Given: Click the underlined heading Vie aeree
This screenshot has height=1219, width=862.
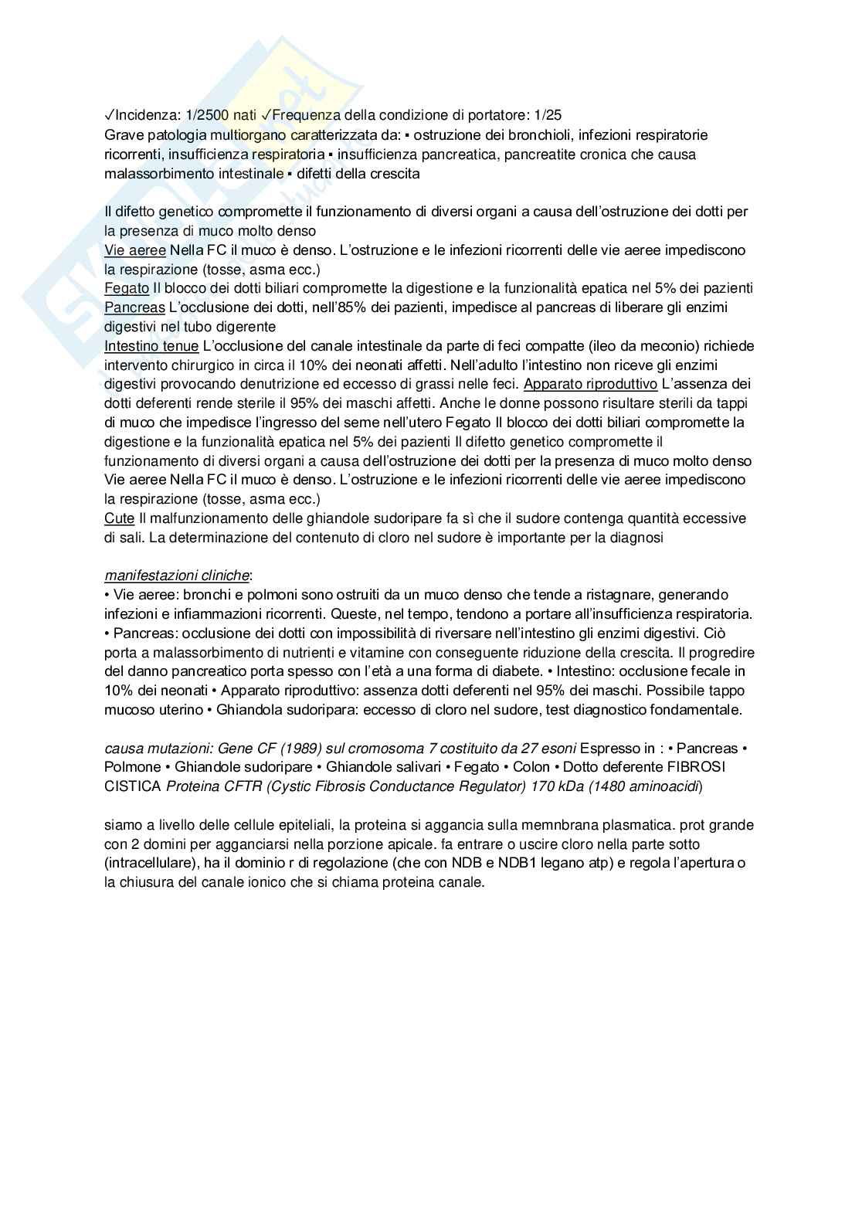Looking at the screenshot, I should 134,250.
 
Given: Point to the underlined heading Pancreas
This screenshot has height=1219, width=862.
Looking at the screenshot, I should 134,307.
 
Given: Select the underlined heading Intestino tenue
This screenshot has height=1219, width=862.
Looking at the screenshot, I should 151,346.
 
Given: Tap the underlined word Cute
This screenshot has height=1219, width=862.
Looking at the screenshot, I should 119,518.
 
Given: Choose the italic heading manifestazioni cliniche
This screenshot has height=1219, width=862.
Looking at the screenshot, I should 177,576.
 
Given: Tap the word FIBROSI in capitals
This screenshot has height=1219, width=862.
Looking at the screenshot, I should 702,767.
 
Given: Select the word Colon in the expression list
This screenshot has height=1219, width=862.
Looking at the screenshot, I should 531,767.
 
